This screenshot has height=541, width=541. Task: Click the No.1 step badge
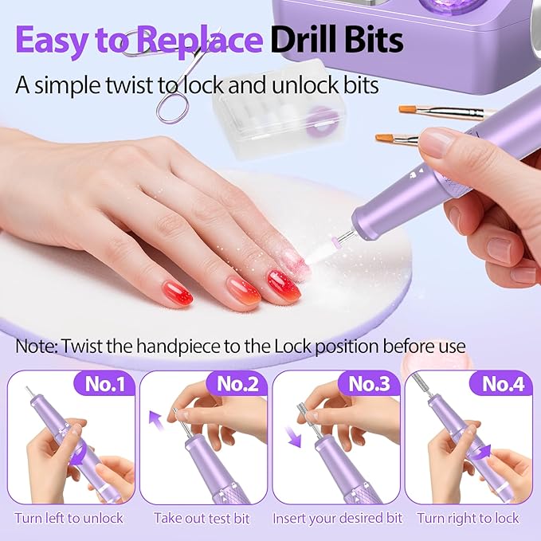(x=105, y=384)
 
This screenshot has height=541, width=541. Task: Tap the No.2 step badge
(x=237, y=384)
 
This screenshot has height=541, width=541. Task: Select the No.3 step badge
(x=370, y=384)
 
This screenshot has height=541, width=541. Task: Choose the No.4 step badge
(x=502, y=384)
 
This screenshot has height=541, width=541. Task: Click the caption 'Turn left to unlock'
(x=69, y=518)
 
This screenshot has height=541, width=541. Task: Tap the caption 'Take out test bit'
(x=202, y=518)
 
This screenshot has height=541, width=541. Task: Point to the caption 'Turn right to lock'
(x=468, y=518)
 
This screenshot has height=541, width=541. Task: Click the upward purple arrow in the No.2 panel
(x=159, y=419)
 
